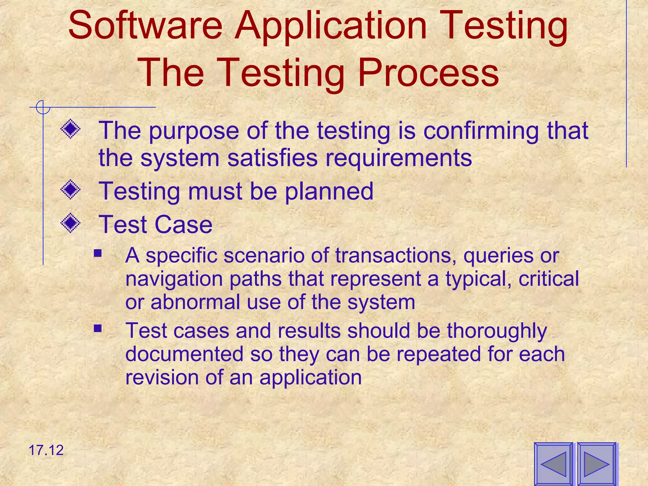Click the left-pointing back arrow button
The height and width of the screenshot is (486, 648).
coord(554,464)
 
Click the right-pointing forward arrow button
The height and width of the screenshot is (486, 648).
coord(597,464)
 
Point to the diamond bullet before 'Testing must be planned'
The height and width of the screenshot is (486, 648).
coord(70,190)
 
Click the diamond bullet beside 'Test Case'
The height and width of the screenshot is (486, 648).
coord(70,223)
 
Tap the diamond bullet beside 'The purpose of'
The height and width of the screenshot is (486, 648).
coord(70,128)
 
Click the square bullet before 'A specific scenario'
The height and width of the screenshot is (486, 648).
coord(98,253)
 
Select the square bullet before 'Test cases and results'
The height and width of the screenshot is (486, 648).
coord(98,328)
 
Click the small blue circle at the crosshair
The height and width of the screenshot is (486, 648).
coord(43,107)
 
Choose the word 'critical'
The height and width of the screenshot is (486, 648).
coord(549,279)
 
